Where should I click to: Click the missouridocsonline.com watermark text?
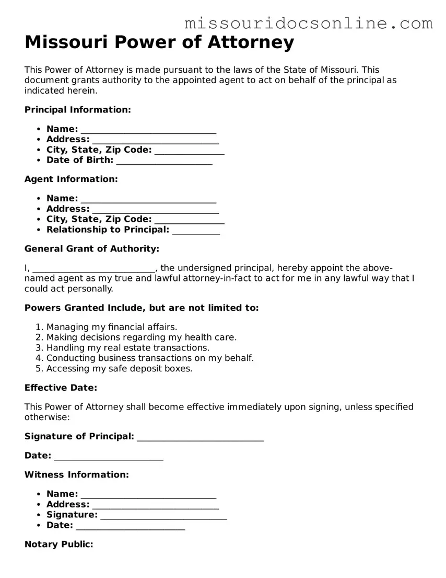(309, 23)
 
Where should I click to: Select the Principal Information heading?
(78, 109)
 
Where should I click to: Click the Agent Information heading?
(71, 179)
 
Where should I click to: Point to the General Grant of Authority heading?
(92, 248)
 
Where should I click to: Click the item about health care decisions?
(141, 337)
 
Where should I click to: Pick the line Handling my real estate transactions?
(127, 348)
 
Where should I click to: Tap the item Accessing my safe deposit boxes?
(119, 368)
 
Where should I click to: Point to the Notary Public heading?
(59, 544)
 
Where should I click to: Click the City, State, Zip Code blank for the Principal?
(189, 152)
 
